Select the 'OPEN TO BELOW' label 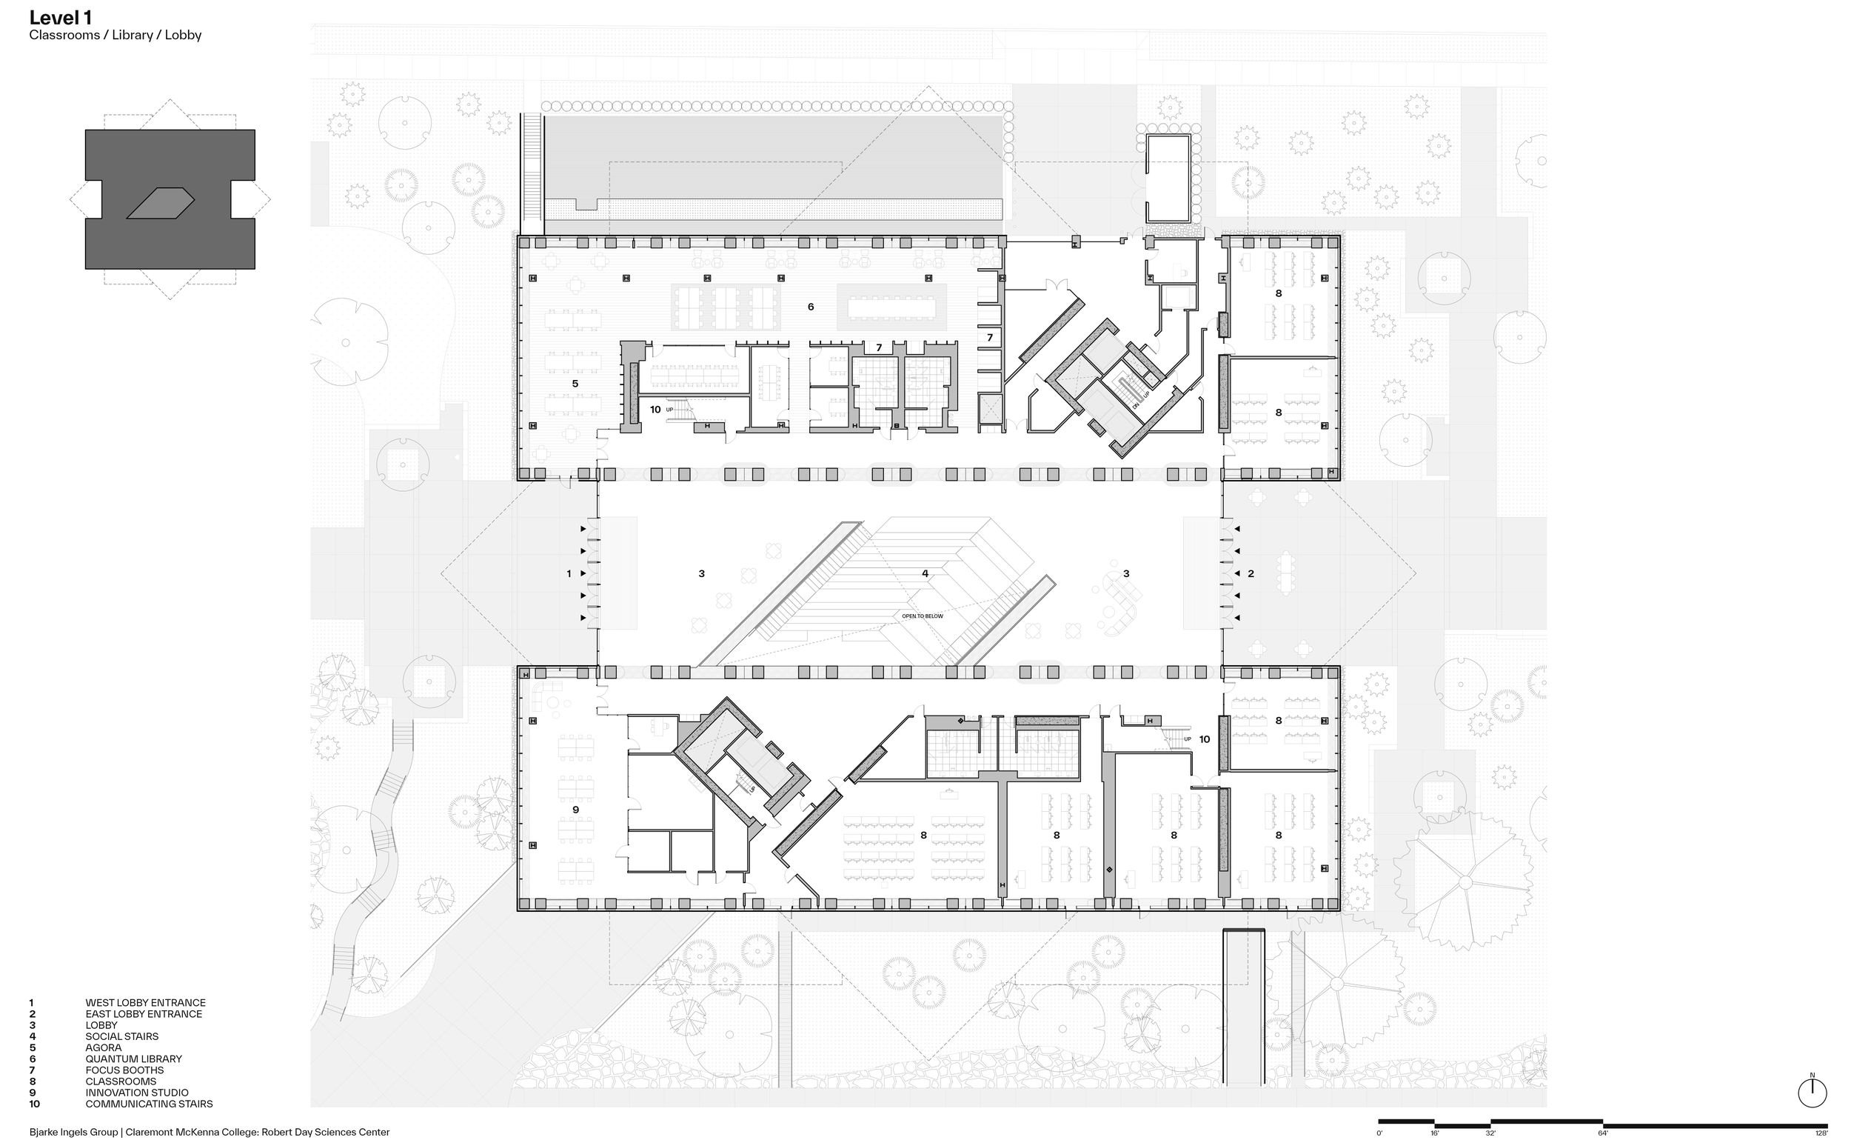pos(923,616)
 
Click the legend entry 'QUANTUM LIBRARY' pos(133,1059)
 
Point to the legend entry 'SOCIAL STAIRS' pos(122,1036)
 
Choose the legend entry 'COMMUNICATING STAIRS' pos(150,1104)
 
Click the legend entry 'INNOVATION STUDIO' pos(137,1093)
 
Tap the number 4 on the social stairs pos(925,574)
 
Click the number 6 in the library pos(811,307)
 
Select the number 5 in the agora pos(575,384)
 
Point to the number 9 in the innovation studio pos(575,810)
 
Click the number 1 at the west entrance pos(569,574)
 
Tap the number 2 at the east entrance pos(1251,574)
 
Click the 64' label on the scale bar pos(1603,1133)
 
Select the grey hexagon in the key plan pos(161,203)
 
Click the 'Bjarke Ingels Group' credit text pos(73,1132)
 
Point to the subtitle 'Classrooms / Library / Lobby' pos(116,36)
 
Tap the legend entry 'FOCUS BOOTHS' pos(124,1070)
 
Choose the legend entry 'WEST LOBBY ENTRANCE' pos(145,1003)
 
